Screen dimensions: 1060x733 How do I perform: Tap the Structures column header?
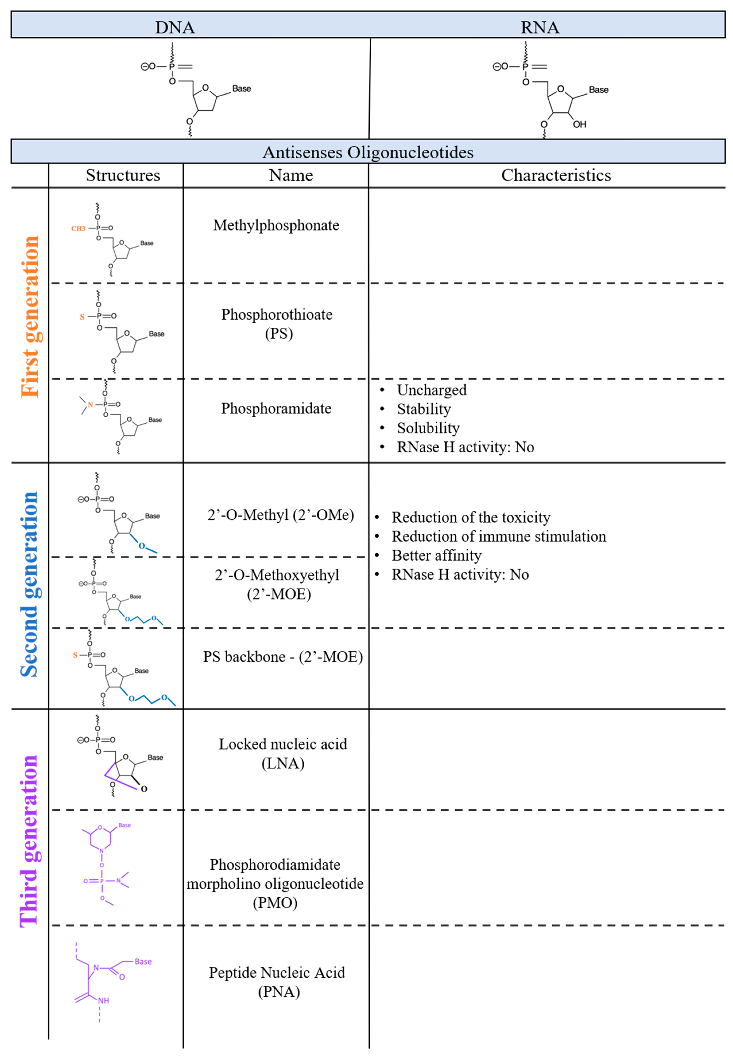click(123, 175)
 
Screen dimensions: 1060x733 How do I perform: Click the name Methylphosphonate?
click(276, 225)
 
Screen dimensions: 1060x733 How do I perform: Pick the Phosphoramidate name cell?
click(276, 408)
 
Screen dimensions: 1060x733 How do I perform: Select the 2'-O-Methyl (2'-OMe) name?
click(281, 515)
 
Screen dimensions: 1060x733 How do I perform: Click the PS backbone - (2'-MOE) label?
click(283, 657)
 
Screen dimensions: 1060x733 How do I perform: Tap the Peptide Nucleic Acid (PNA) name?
click(277, 982)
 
